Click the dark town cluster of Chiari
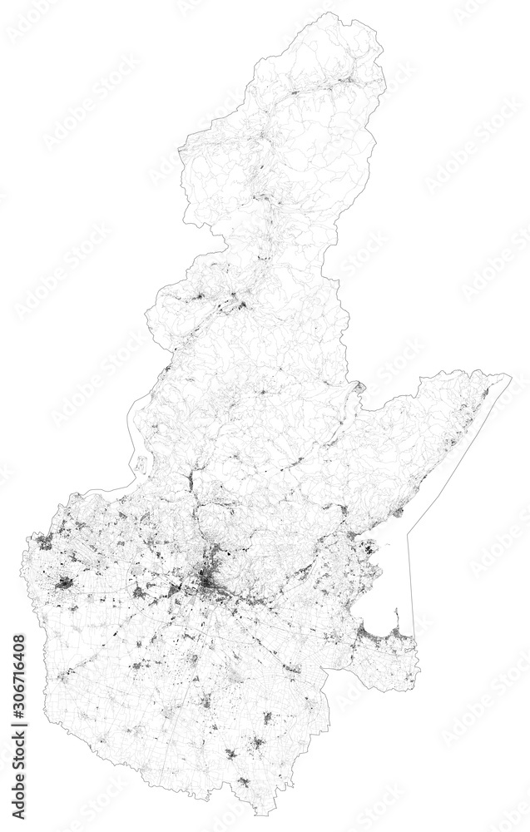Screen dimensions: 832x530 pos(64,583)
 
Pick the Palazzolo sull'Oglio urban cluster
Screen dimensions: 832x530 pos(43,541)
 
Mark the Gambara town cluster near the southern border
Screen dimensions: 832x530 pos(242,781)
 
